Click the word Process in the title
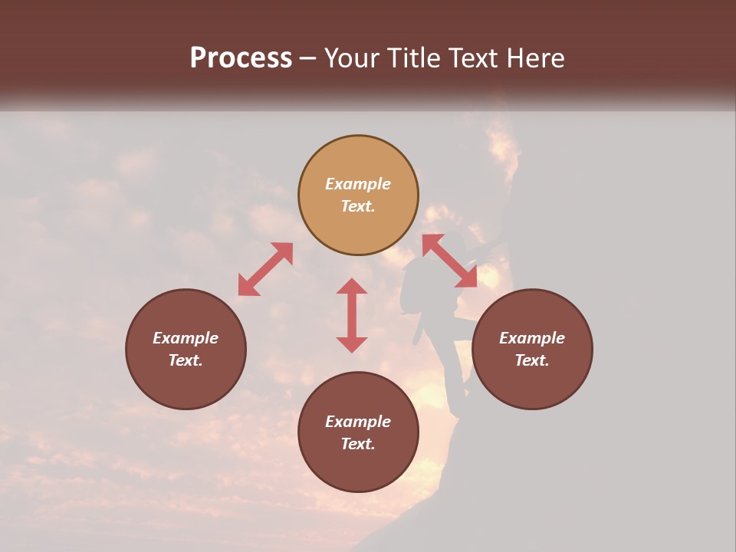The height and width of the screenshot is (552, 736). click(241, 58)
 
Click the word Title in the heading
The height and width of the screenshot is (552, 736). click(410, 58)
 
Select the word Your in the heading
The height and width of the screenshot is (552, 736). click(353, 58)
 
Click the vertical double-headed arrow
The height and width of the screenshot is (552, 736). click(352, 315)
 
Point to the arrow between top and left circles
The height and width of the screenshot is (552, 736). click(265, 269)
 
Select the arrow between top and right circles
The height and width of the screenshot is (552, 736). click(449, 261)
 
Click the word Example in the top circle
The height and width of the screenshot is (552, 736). click(358, 184)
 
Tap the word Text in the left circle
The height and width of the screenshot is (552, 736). click(186, 360)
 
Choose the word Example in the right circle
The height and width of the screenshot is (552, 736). click(532, 338)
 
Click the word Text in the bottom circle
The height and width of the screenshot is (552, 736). click(358, 444)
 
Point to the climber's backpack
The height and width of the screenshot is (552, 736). click(414, 287)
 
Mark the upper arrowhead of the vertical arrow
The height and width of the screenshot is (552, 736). click(352, 287)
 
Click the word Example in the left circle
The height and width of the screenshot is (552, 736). click(186, 338)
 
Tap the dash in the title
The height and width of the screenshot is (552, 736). click(308, 59)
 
